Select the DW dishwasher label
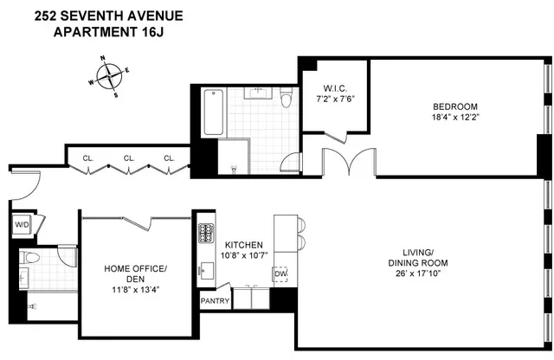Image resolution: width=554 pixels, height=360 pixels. click(280, 275)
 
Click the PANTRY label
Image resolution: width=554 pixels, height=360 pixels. click(216, 301)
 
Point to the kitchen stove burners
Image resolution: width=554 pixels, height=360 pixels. click(207, 233)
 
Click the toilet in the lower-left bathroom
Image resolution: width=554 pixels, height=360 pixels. click(30, 258)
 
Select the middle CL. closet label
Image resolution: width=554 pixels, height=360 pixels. click(129, 158)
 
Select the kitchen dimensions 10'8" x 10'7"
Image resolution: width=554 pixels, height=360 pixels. click(246, 255)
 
